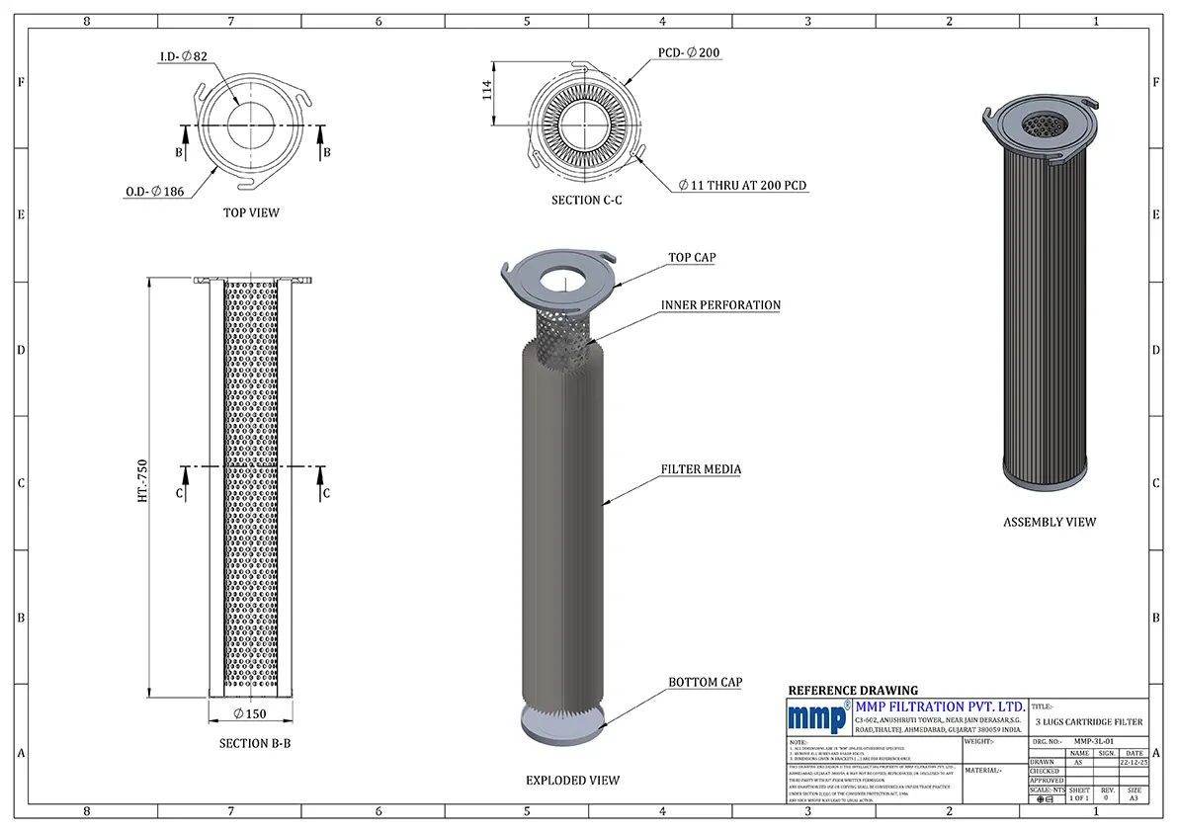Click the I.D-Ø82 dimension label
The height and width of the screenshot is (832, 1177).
click(x=184, y=58)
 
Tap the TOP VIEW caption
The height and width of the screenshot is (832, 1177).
click(x=251, y=212)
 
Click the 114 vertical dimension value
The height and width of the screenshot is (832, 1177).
click(x=485, y=93)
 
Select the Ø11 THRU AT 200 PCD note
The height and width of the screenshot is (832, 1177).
click(x=743, y=186)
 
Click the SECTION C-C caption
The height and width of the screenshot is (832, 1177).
click(x=586, y=201)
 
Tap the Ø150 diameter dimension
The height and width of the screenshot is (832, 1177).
click(x=252, y=713)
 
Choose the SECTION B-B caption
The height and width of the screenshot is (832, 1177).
click(x=254, y=743)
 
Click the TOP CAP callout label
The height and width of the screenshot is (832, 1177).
click(x=692, y=258)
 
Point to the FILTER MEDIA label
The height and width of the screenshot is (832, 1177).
click(x=701, y=469)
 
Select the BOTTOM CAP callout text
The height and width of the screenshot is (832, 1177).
click(x=705, y=683)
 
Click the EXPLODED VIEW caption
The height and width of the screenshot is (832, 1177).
click(x=572, y=781)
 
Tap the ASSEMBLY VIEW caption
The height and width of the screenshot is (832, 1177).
click(x=1050, y=522)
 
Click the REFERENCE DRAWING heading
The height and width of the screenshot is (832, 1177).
click(x=852, y=691)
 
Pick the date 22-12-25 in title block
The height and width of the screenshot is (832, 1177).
click(x=1134, y=762)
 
